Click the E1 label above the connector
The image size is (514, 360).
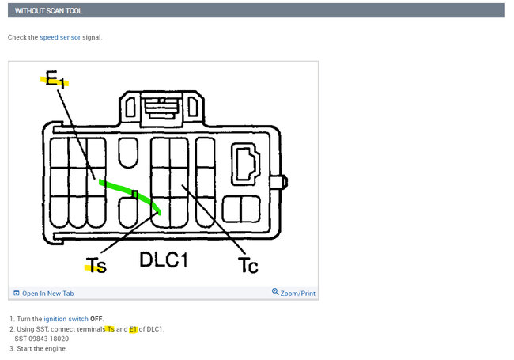[x=55, y=79]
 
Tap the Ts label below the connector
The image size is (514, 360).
[x=96, y=265]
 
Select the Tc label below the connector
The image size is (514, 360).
[x=248, y=265]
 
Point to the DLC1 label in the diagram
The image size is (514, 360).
[x=164, y=260]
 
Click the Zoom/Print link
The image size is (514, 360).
[x=297, y=294]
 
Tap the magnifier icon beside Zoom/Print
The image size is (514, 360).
[x=275, y=291]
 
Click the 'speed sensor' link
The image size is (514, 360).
[x=60, y=37]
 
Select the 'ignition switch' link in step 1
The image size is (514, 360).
[x=66, y=319]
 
